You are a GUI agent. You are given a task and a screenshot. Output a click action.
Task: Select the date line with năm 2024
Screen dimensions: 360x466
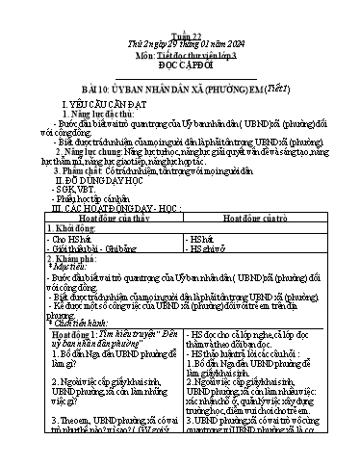click(180, 17)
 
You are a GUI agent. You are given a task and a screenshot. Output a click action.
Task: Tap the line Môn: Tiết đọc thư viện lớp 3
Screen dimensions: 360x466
click(180, 28)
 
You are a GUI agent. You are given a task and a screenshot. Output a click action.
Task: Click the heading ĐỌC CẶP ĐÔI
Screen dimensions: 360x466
click(180, 39)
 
